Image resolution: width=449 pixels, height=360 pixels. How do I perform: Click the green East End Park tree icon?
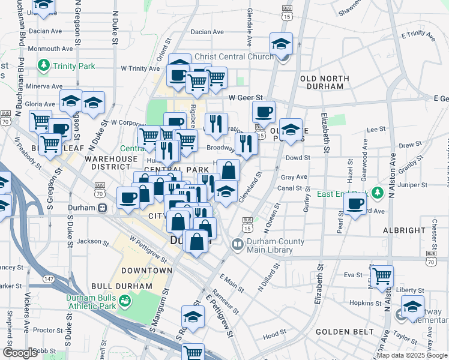pos(377,193)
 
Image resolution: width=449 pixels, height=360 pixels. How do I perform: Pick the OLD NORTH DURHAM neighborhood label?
pos(325,83)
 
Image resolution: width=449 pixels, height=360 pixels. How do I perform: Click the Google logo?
pos(20,353)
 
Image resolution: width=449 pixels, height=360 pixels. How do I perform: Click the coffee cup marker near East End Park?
pos(355,203)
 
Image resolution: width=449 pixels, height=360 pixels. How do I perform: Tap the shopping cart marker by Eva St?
pos(382,276)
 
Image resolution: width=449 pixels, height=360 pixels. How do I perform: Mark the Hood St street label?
pos(274,333)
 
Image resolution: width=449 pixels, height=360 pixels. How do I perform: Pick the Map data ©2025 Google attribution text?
pos(412,355)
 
